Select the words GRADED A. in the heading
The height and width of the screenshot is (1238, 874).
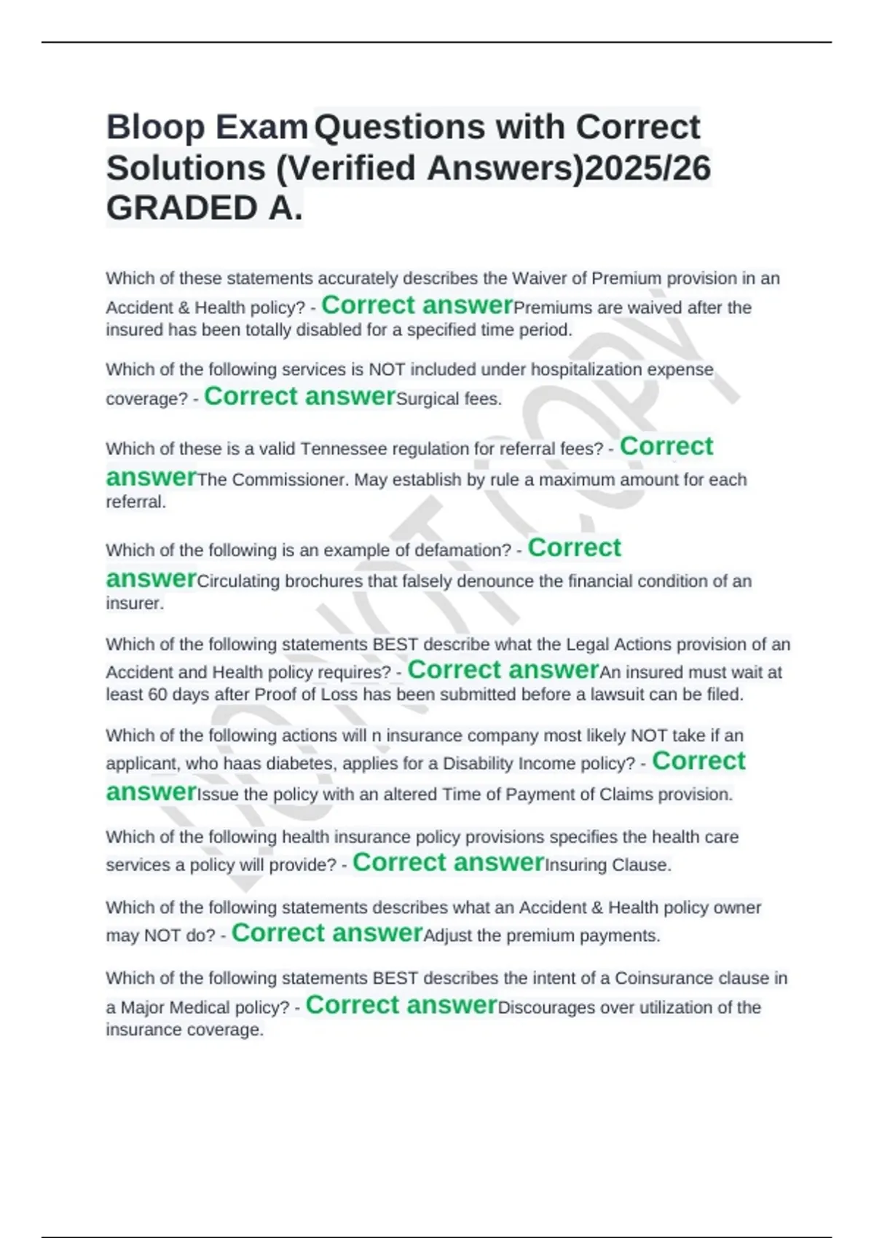pyautogui.click(x=204, y=209)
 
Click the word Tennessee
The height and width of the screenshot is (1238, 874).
pyautogui.click(x=345, y=449)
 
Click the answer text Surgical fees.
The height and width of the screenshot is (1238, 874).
pyautogui.click(x=449, y=399)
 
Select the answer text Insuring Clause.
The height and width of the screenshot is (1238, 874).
pyautogui.click(x=608, y=865)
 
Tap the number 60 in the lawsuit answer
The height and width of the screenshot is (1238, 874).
pyautogui.click(x=157, y=695)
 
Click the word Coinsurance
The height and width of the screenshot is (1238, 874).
pyautogui.click(x=671, y=978)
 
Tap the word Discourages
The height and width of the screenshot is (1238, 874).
pyautogui.click(x=543, y=1008)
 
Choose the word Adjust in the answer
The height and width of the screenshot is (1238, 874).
pyautogui.click(x=447, y=936)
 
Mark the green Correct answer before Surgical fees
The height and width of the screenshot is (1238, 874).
pyautogui.click(x=300, y=396)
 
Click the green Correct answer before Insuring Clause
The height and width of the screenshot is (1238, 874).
pyautogui.click(x=448, y=862)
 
